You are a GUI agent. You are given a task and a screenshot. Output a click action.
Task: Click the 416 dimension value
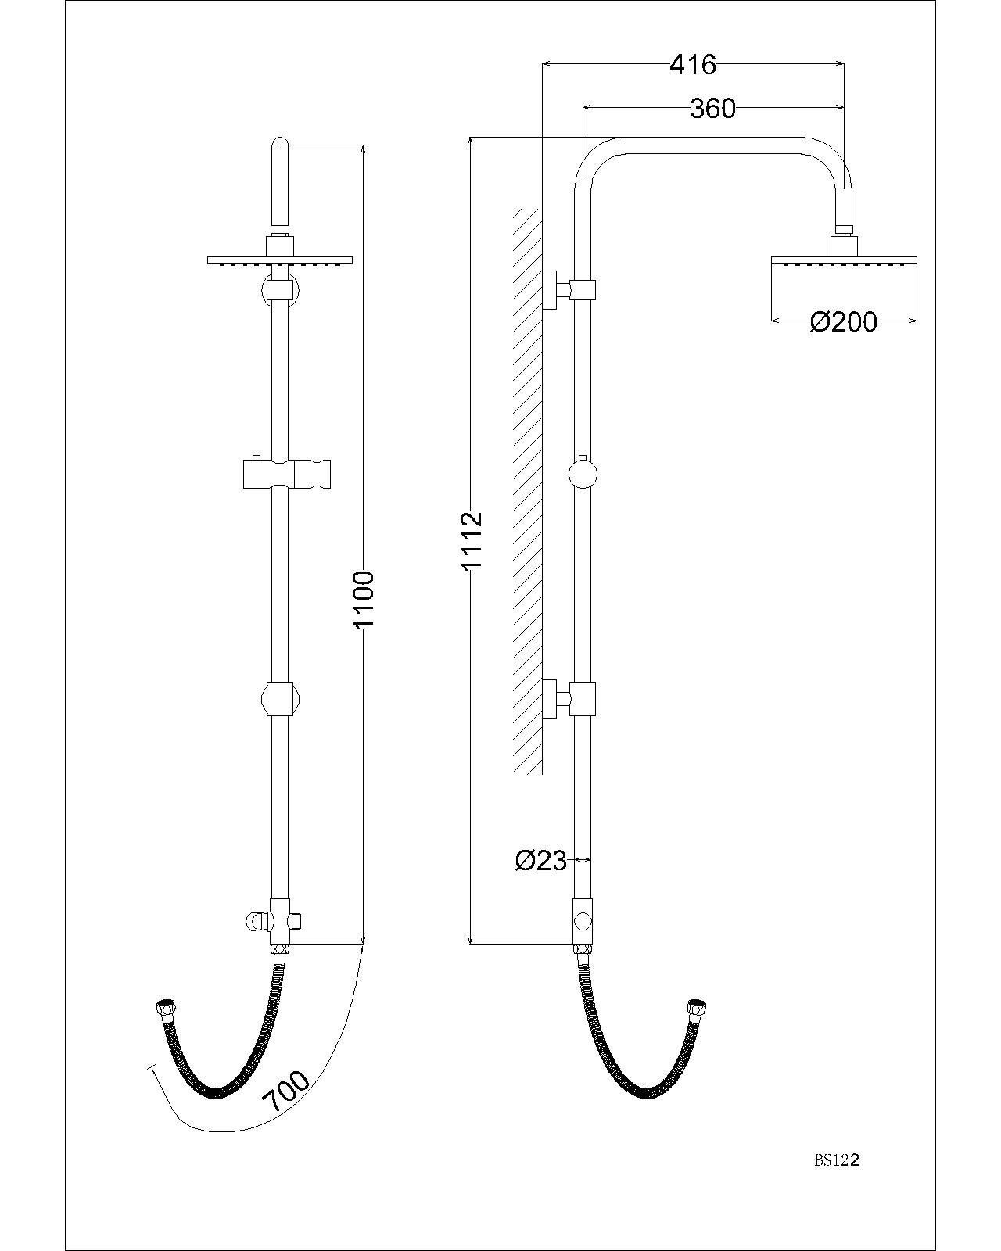click(693, 65)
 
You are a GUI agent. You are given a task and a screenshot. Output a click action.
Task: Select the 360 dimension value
click(712, 109)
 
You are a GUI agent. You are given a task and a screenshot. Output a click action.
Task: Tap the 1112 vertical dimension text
click(472, 541)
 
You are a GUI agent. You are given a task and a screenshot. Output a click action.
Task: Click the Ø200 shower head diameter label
click(844, 321)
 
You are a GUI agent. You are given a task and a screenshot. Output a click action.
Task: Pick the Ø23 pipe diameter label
click(540, 860)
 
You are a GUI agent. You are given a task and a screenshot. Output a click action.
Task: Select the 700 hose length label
click(285, 1092)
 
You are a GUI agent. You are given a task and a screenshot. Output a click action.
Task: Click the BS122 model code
click(837, 1161)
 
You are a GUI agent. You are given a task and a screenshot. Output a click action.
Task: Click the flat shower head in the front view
click(280, 260)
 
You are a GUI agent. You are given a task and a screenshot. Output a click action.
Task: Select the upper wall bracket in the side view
click(569, 289)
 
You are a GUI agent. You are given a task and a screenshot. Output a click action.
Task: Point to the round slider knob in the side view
click(583, 474)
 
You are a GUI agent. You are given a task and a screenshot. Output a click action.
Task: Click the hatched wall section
click(528, 493)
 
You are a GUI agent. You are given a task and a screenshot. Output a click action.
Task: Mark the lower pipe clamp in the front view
click(279, 698)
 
